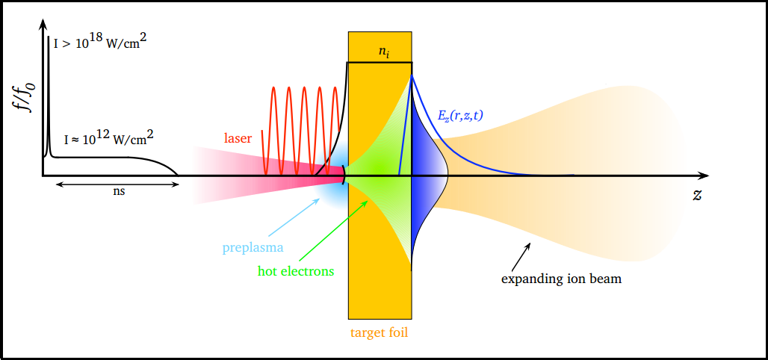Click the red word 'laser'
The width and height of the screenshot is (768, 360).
click(x=238, y=137)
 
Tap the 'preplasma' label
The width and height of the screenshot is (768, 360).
click(x=253, y=247)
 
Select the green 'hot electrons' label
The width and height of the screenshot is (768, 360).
click(x=296, y=271)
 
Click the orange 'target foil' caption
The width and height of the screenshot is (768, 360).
click(x=380, y=332)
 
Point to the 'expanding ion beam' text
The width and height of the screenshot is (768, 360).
click(x=561, y=279)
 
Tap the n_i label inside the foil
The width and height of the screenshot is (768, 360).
click(x=383, y=52)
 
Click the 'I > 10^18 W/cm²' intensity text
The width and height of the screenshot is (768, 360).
click(x=99, y=43)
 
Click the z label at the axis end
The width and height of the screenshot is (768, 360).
click(x=697, y=195)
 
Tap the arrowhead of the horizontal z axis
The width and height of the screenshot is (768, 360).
click(x=703, y=176)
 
